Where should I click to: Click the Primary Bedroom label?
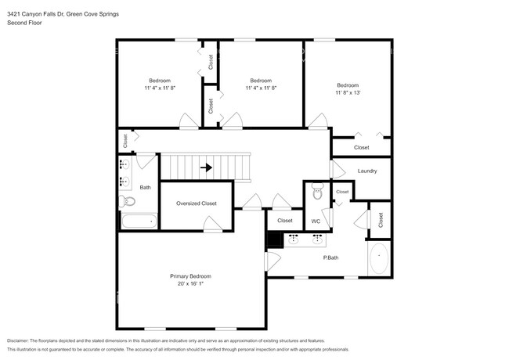[190, 276]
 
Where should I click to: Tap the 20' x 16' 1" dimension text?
[190, 285]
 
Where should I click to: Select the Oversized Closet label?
[196, 203]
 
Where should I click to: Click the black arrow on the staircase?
[206, 167]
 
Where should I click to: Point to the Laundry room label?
[367, 171]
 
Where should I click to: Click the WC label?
[316, 221]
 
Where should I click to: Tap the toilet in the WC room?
[317, 192]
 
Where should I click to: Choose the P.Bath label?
[330, 257]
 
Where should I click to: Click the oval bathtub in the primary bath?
[379, 258]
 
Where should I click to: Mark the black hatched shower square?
[274, 239]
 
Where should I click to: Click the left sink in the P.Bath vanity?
[294, 239]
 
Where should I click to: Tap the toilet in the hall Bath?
[127, 202]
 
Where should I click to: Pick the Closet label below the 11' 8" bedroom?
[361, 147]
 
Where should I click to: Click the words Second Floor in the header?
[25, 23]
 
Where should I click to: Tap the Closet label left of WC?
[284, 221]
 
